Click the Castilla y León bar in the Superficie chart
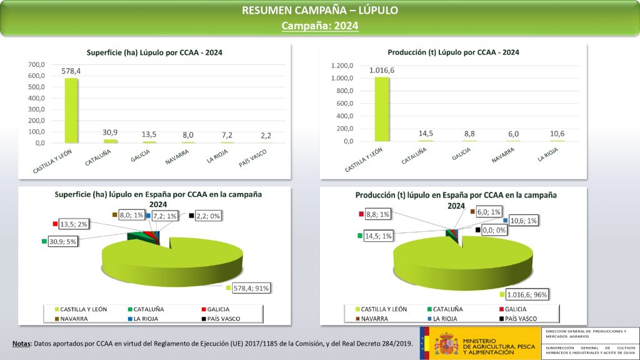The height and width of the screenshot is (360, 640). [x=71, y=111]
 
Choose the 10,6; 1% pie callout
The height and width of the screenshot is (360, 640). [x=524, y=221]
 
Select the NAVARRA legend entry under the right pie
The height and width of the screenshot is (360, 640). [x=375, y=319]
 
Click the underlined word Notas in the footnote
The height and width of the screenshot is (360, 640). [x=22, y=344]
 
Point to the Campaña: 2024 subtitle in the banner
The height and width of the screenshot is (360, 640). [x=319, y=26]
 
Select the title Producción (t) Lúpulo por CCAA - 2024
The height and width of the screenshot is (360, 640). [x=453, y=52]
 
